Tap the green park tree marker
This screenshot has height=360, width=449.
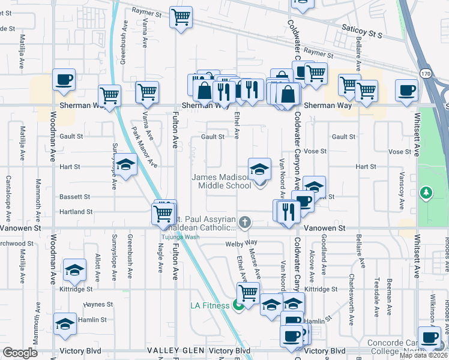coord(426,193)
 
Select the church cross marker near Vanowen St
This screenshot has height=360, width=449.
coord(244,223)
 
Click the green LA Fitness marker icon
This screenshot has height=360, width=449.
coord(239,305)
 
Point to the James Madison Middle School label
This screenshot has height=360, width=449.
coord(221,181)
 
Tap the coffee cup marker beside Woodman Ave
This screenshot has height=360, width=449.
coord(64,79)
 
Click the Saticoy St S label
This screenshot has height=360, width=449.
coord(362,35)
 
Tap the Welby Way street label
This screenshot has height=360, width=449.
coord(241,243)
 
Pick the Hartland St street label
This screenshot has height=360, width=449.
coord(76,212)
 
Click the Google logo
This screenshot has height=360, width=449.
coord(20,353)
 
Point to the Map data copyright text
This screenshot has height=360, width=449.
coord(424,355)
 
